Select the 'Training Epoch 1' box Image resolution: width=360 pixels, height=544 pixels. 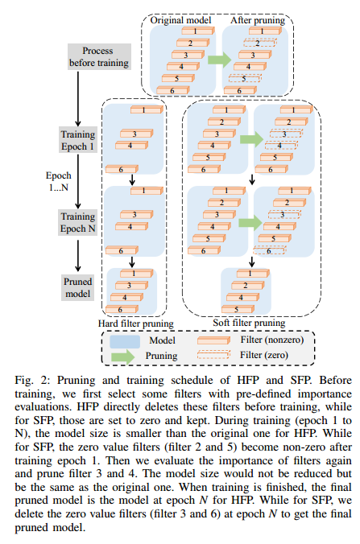point(78,139)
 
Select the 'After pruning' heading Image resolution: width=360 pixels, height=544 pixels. point(253,19)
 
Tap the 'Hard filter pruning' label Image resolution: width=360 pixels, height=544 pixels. point(130,323)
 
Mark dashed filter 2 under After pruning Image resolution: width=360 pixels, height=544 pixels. point(260,43)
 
